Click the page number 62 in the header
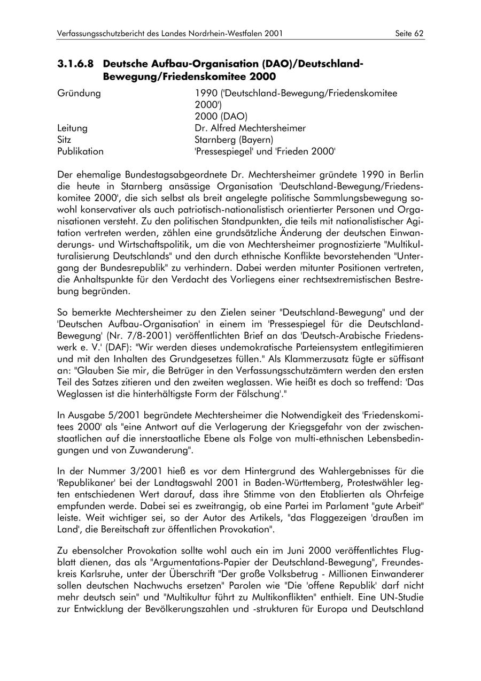(x=418, y=33)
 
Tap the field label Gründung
(x=79, y=94)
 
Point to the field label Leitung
(x=72, y=128)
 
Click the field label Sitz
(x=64, y=140)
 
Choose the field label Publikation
(x=80, y=151)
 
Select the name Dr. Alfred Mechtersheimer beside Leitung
(x=250, y=128)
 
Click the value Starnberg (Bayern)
(x=234, y=140)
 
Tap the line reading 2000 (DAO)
(x=221, y=117)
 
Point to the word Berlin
(x=410, y=174)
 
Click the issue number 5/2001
(x=119, y=415)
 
